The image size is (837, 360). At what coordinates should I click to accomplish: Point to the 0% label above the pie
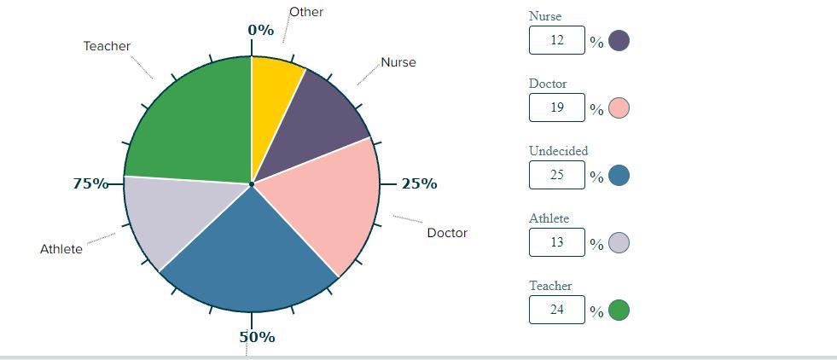(x=261, y=31)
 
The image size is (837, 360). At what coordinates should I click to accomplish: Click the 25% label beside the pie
(x=419, y=183)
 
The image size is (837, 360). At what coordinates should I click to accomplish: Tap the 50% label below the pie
(x=257, y=337)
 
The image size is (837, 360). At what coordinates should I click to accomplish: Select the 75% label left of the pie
(x=90, y=183)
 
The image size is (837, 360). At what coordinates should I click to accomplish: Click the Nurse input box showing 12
(x=556, y=40)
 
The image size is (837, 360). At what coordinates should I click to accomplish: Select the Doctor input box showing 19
(x=556, y=107)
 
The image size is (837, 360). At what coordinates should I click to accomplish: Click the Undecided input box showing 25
(x=556, y=175)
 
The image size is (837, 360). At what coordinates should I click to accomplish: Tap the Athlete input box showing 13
(x=556, y=242)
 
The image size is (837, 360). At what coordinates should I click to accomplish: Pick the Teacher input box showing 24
(x=556, y=310)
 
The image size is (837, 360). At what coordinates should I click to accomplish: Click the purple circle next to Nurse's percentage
(x=619, y=40)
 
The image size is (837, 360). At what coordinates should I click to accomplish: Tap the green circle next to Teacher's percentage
(x=619, y=310)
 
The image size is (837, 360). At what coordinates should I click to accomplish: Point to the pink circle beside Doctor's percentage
(x=619, y=107)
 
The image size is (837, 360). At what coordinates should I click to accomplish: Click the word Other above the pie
(x=306, y=12)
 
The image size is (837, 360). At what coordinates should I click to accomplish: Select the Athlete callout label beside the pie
(x=61, y=249)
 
